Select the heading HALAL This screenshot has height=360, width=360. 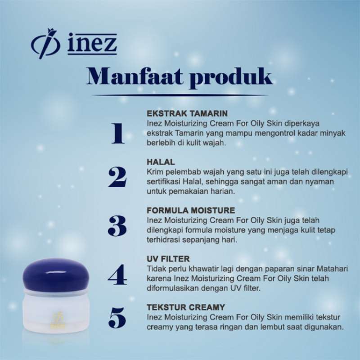pyautogui.click(x=161, y=161)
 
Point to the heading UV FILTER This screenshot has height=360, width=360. pyautogui.click(x=168, y=259)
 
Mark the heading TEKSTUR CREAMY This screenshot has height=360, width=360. pyautogui.click(x=186, y=307)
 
